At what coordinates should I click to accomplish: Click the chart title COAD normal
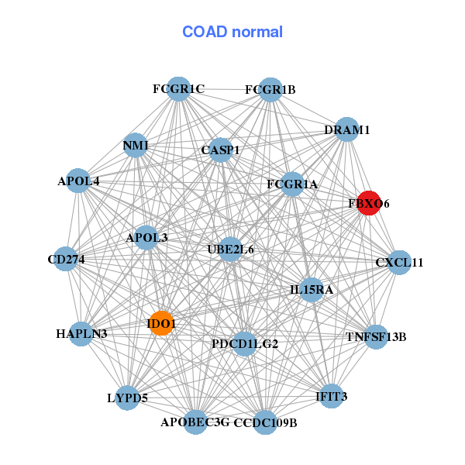(232, 33)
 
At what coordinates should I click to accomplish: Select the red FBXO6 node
(368, 203)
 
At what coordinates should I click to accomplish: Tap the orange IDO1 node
(161, 323)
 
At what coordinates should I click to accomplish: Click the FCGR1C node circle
(178, 89)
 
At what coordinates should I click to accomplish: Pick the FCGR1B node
(270, 90)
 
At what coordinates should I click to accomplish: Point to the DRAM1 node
(346, 130)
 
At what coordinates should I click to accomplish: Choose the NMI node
(136, 146)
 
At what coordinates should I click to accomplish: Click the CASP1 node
(221, 150)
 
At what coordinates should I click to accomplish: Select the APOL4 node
(78, 181)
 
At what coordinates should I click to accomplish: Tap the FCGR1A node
(292, 184)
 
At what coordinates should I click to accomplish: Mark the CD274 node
(66, 259)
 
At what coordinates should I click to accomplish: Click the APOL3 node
(146, 238)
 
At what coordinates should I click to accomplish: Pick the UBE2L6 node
(230, 250)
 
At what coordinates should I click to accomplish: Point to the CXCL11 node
(399, 263)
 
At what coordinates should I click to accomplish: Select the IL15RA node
(311, 290)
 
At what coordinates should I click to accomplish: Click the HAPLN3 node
(81, 334)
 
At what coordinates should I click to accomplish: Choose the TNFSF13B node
(376, 336)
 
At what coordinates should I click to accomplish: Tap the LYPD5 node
(127, 398)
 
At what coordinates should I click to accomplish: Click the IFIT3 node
(331, 397)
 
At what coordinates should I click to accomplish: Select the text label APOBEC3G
(195, 422)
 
